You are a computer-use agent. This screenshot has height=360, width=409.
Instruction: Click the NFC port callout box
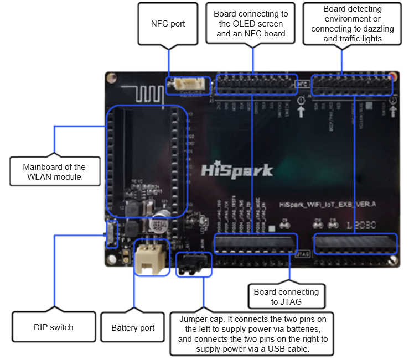pyautogui.click(x=168, y=24)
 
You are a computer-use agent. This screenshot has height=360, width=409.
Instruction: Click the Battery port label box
pyautogui.click(x=133, y=328)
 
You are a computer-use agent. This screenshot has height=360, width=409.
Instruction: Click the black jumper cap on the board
pyautogui.click(x=193, y=264)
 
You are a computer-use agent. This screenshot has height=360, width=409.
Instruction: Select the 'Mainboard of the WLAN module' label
pyautogui.click(x=54, y=171)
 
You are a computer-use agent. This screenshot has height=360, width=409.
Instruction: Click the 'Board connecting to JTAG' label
pyautogui.click(x=286, y=296)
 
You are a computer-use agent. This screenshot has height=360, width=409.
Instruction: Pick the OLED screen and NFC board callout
pyautogui.click(x=250, y=24)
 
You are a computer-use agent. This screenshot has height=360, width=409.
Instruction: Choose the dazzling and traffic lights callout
pyautogui.click(x=353, y=24)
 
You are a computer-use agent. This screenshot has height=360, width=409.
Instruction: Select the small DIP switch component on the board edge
pyautogui.click(x=111, y=233)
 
